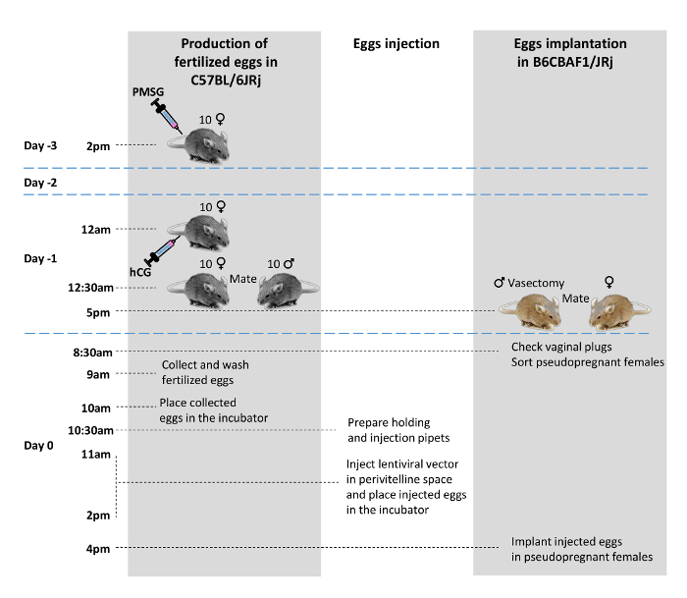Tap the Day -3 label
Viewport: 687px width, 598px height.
pos(40,146)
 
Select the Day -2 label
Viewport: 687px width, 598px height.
pos(40,183)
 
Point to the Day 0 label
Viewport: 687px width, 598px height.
pos(38,445)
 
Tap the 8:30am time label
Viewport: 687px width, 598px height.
pos(91,352)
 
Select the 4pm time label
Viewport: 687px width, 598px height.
pos(98,549)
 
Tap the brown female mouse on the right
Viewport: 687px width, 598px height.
pos(618,311)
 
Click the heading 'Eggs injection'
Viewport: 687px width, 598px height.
pos(396,44)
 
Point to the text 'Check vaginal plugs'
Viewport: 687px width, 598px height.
pos(560,348)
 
